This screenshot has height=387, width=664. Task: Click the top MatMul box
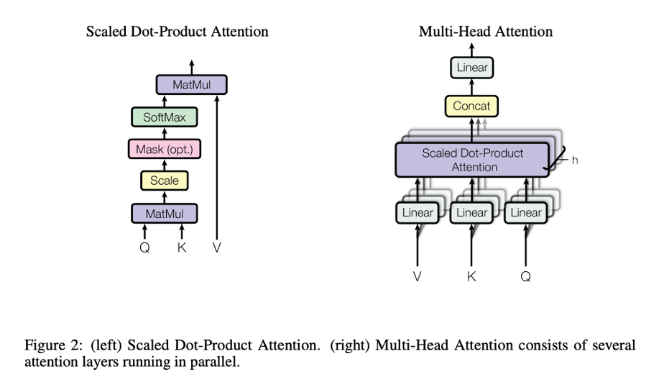point(191,85)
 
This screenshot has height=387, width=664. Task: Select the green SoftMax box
point(165,117)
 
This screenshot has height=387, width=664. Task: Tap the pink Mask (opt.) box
point(165,149)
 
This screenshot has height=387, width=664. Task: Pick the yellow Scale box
point(165,181)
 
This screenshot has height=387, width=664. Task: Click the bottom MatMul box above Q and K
point(165,213)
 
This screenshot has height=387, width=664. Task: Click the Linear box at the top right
point(472,68)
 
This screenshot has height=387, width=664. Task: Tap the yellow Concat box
point(472,106)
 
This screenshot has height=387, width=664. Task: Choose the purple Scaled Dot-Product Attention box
point(473,160)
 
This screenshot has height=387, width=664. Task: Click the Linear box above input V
point(418,212)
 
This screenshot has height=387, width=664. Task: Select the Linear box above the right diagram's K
point(471,212)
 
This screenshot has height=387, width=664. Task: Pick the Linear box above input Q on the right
point(525,212)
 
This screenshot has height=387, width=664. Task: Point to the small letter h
point(574,160)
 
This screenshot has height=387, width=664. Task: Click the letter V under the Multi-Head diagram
point(418,276)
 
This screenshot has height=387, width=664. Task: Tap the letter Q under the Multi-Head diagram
point(525,276)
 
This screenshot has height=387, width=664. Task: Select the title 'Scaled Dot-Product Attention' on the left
point(177,32)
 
